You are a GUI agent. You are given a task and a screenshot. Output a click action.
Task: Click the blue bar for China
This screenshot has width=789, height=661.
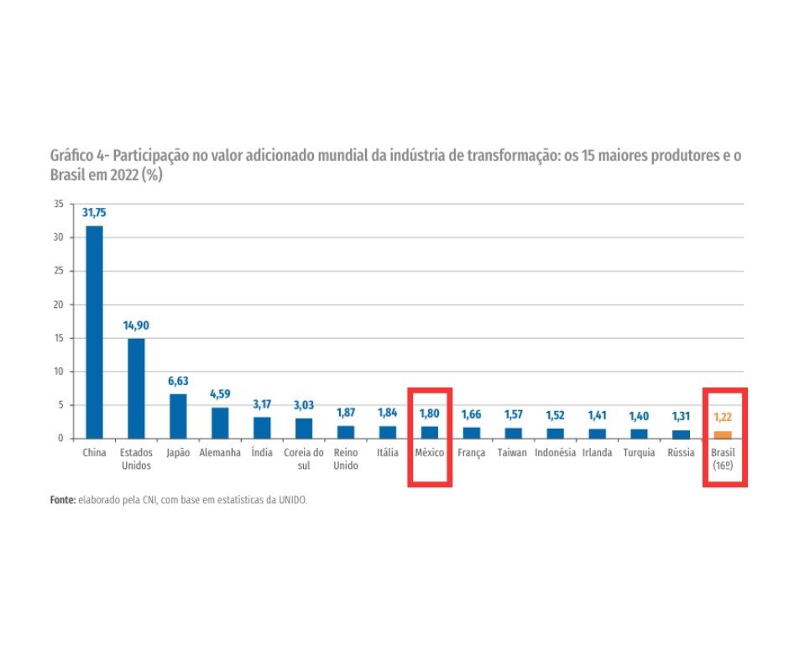click(94, 331)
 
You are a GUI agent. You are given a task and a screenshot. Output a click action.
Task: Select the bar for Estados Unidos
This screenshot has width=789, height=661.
click(136, 388)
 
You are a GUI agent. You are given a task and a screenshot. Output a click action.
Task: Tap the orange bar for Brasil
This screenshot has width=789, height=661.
click(723, 435)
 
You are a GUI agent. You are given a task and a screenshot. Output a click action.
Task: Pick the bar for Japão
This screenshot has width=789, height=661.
click(178, 416)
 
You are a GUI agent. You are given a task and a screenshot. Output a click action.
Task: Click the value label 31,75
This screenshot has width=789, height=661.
click(94, 213)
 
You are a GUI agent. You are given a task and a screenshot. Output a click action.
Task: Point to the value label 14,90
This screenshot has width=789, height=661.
click(136, 325)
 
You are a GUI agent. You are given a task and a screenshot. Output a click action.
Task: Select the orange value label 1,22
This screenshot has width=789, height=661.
click(723, 416)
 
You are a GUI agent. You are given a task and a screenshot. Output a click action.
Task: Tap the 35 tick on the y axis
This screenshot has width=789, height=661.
click(58, 204)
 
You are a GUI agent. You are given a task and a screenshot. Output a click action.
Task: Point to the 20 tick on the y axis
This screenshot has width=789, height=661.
click(58, 304)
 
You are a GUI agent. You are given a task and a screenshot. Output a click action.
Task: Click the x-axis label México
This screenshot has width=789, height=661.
click(430, 453)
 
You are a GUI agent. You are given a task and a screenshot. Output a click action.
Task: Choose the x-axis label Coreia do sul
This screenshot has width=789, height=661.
click(304, 458)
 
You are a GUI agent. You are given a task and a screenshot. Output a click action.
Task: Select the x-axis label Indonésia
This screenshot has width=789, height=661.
click(555, 453)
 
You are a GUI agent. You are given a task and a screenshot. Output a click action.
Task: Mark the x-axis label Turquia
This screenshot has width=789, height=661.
click(639, 453)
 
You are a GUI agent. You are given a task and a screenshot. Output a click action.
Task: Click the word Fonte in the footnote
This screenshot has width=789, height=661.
click(62, 499)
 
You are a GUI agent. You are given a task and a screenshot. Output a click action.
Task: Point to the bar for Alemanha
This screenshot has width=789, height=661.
click(220, 423)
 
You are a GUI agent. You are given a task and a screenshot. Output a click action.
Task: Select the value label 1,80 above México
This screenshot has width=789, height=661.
click(430, 414)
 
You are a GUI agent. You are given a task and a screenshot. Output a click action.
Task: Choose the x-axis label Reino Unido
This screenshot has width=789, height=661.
click(346, 458)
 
